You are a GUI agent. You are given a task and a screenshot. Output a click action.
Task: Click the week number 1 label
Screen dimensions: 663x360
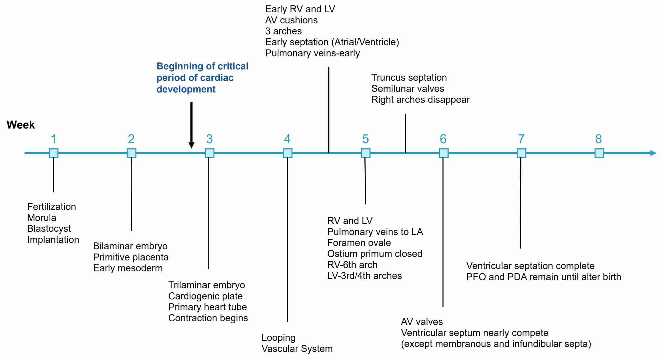point(53,139)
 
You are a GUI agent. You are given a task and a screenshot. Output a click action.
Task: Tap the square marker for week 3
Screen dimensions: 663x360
point(209,153)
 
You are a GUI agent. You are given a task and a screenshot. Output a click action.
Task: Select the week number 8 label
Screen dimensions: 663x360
point(599,139)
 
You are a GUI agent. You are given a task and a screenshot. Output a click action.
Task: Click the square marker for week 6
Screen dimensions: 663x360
point(443,153)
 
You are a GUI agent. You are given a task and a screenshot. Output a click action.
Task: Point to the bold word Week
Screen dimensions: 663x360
point(21,125)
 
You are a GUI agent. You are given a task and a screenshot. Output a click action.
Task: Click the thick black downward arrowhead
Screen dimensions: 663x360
point(191,145)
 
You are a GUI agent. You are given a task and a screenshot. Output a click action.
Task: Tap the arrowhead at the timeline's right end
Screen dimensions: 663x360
point(653,153)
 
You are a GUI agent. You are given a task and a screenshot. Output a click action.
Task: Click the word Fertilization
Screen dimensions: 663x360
point(52,207)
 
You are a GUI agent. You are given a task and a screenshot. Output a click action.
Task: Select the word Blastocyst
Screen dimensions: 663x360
point(49,229)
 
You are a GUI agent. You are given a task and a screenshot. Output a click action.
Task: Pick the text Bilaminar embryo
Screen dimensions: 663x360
point(130,246)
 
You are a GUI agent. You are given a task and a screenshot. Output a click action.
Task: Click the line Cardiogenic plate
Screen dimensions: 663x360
point(205,296)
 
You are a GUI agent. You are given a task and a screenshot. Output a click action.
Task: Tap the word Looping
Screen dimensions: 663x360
point(279,338)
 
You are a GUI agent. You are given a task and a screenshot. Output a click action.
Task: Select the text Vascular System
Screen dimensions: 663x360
point(297,349)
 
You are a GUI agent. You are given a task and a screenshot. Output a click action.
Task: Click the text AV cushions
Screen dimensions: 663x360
point(291,20)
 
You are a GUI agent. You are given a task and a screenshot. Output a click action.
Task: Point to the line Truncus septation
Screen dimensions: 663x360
point(409,78)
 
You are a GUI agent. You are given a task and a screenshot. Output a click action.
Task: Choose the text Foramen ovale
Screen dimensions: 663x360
point(359,243)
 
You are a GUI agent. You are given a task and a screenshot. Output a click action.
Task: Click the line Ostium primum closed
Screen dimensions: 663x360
point(375,254)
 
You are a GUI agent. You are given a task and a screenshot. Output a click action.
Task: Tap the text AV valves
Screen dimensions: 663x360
point(422,322)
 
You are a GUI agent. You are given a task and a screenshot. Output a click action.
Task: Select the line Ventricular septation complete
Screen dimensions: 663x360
point(530,266)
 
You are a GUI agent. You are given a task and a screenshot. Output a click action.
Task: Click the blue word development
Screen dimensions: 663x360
point(186,89)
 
